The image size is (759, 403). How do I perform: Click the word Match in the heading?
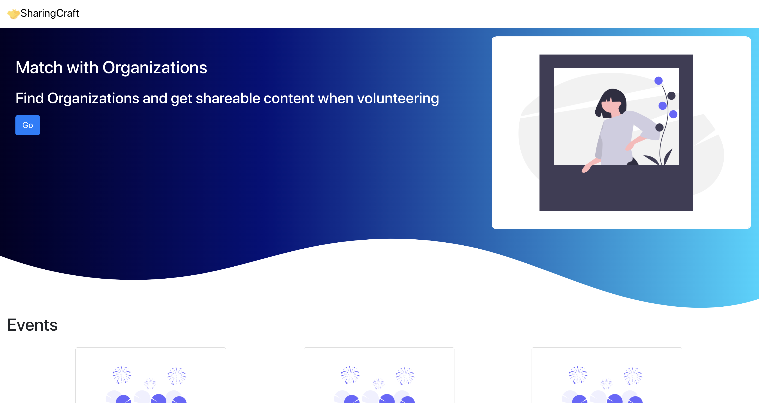pyautogui.click(x=39, y=67)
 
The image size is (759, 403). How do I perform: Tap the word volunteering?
pyautogui.click(x=398, y=98)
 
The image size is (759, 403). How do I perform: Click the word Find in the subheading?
pyautogui.click(x=30, y=98)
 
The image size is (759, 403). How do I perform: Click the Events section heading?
pyautogui.click(x=32, y=325)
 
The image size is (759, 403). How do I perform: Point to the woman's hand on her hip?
pyautogui.click(x=630, y=146)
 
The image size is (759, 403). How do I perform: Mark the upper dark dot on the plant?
pyautogui.click(x=671, y=96)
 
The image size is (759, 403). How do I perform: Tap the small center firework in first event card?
pyautogui.click(x=150, y=384)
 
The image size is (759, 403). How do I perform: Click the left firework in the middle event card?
pyautogui.click(x=350, y=375)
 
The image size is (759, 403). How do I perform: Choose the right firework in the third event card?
pyautogui.click(x=633, y=376)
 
